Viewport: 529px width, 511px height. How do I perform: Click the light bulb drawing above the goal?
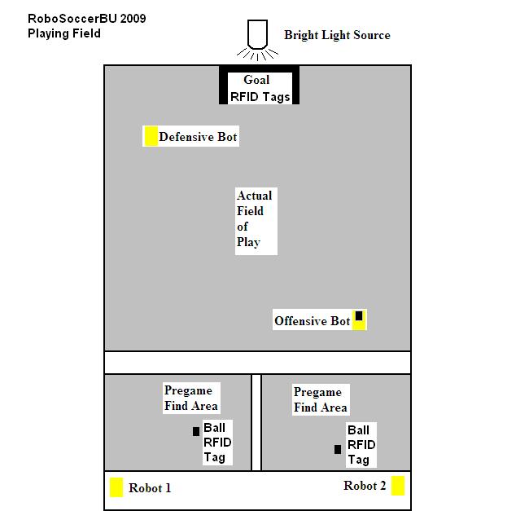point(258,40)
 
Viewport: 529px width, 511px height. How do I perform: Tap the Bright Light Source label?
point(337,35)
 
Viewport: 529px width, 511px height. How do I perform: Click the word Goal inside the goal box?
point(256,80)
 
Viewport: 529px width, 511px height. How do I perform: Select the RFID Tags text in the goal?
point(260,97)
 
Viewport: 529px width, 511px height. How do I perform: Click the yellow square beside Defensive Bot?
point(151,136)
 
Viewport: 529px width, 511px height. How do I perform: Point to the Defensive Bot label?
point(198,137)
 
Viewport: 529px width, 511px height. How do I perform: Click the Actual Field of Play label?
point(254,218)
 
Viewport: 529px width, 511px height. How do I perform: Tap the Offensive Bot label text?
point(312,321)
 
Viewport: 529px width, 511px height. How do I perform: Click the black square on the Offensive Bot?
point(359,315)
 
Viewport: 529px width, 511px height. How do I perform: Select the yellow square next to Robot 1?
point(116,487)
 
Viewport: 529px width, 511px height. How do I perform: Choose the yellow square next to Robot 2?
point(398,486)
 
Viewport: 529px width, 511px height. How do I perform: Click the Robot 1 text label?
point(150,488)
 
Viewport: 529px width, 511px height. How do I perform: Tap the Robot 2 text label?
point(365,486)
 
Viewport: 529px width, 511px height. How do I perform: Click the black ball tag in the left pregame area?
point(196,431)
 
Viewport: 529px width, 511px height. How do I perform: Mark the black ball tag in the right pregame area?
point(338,449)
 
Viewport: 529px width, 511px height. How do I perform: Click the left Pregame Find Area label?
point(191,398)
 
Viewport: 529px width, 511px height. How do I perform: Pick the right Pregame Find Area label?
point(320,399)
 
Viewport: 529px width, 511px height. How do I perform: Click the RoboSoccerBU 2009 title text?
point(87,18)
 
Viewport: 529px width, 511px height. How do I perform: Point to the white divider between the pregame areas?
point(256,422)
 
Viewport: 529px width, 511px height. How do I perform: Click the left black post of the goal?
point(223,85)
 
